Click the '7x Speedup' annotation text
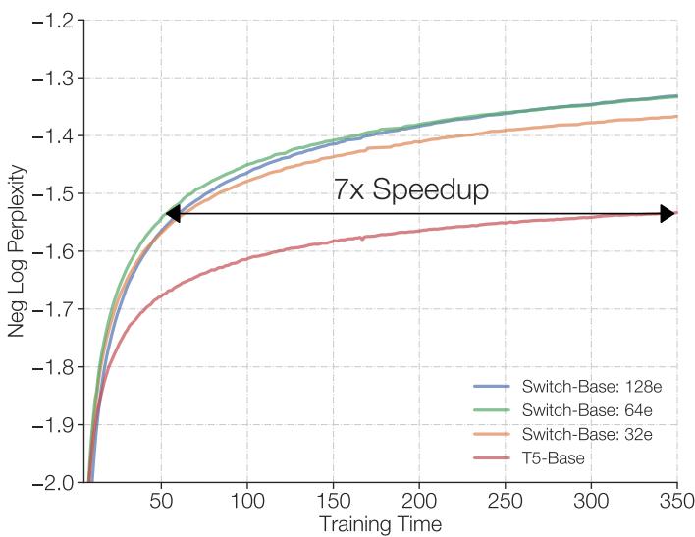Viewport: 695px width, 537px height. (x=410, y=189)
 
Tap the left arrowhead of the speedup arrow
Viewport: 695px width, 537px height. (x=173, y=214)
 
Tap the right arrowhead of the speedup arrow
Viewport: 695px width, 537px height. (x=667, y=214)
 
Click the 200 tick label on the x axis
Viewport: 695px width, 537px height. (x=419, y=501)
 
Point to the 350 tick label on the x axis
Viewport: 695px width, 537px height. (x=676, y=501)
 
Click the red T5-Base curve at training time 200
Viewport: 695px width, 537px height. (x=419, y=231)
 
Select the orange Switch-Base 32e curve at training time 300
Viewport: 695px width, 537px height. (x=591, y=123)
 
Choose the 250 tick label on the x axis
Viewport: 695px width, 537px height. (x=505, y=501)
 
